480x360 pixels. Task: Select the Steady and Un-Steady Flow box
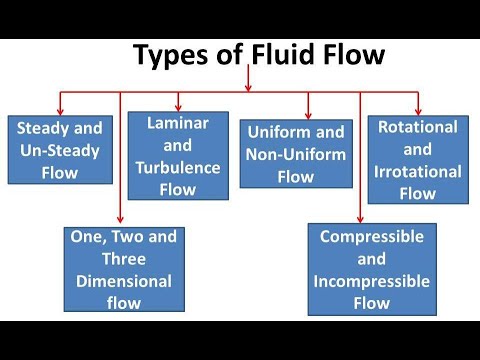click(x=60, y=150)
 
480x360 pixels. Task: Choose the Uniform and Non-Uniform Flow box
click(x=296, y=153)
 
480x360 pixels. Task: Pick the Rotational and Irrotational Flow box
click(x=418, y=160)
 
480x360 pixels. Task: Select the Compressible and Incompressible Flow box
click(x=372, y=269)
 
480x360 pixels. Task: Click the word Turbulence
click(x=178, y=166)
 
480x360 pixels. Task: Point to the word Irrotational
click(x=418, y=171)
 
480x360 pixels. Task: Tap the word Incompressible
click(x=372, y=280)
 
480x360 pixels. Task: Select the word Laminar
click(x=178, y=124)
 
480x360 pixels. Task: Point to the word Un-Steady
click(x=60, y=150)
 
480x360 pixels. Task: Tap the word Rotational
click(x=418, y=127)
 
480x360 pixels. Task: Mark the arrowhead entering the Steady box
click(x=61, y=108)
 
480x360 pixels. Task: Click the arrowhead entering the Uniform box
click(x=308, y=113)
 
